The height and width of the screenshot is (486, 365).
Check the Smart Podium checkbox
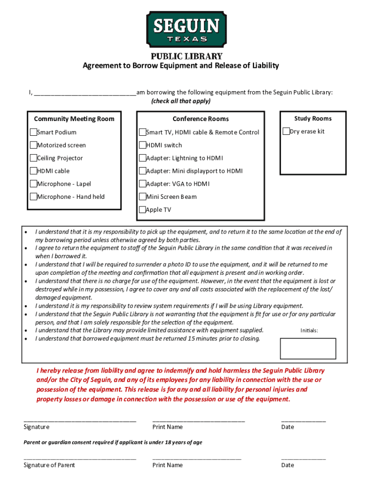[x=33, y=132]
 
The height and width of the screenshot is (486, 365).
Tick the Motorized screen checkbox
[x=33, y=145]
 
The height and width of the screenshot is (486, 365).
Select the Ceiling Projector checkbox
[x=33, y=158]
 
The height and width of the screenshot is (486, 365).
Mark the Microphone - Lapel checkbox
[x=33, y=184]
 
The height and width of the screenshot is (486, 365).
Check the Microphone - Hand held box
[x=33, y=196]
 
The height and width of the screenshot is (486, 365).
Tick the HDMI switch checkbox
[x=142, y=145]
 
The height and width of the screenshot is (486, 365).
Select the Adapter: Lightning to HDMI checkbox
[x=142, y=158]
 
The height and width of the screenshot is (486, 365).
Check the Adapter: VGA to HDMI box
[x=142, y=184]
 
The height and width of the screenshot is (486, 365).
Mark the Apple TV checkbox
[x=142, y=209]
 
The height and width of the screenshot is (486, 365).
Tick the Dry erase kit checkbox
[x=286, y=131]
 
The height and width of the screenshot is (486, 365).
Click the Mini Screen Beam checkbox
[x=142, y=196]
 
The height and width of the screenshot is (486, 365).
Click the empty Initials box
[x=308, y=349]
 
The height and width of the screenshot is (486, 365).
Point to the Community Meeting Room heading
[x=74, y=119]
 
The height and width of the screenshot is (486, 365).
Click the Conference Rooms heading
[x=201, y=119]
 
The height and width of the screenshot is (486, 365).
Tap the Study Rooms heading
[x=313, y=118]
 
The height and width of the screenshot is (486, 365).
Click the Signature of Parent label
[x=49, y=465]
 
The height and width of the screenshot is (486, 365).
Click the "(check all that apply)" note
[x=181, y=101]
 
